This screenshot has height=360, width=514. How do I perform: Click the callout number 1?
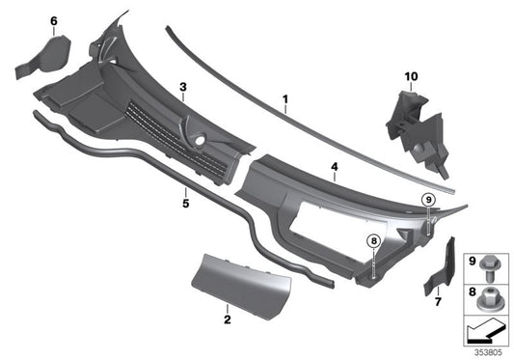(285, 98)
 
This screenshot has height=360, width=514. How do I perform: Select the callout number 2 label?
(226, 318)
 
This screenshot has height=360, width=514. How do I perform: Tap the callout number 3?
(181, 87)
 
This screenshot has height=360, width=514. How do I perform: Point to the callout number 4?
(334, 167)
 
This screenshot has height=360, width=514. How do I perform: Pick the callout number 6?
(53, 21)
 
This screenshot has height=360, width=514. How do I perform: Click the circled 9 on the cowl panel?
(427, 200)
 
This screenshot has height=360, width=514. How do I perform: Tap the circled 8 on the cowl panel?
(372, 241)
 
